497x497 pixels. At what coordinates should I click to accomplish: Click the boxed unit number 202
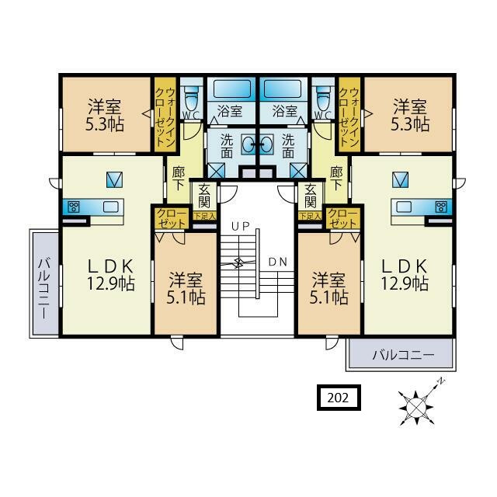pos(339,398)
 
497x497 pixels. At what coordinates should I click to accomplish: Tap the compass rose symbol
pos(416,406)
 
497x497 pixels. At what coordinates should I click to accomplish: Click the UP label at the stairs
pos(241,226)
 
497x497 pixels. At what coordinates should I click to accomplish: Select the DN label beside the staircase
pos(278,262)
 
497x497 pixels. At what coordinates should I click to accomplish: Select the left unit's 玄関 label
pos(204,196)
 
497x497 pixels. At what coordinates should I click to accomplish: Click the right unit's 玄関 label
pos(311,196)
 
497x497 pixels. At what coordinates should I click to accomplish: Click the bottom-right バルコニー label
pos(403,355)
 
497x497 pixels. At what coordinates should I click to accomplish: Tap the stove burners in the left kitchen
pos(75,207)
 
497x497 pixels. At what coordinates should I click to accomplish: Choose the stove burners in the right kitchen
pos(441,207)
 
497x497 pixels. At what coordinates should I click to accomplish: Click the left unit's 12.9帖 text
pos(111,283)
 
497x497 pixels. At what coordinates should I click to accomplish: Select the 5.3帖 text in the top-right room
pos(410,124)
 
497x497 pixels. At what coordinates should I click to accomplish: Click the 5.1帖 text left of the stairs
pos(186,297)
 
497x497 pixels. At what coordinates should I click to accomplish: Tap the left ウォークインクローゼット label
pos(165,116)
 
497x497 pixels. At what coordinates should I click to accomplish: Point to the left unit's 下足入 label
pos(205,216)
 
